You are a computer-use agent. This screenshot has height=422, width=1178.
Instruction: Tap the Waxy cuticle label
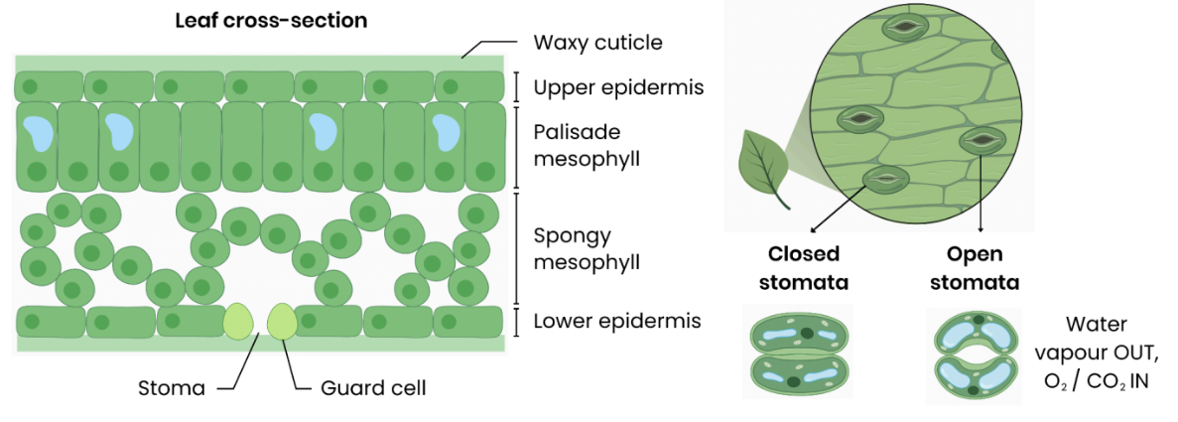pos(597,43)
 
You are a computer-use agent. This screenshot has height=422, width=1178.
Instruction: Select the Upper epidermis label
pos(618,87)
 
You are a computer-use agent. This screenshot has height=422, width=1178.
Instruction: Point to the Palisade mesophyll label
pos(583,144)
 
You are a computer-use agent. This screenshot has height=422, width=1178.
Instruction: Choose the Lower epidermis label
pos(617,321)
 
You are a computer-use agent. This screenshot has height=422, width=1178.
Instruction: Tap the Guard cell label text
pos(373,387)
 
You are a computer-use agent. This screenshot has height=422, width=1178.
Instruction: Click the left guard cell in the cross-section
pos(237,322)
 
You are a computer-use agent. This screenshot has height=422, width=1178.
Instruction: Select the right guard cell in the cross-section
pos(282,322)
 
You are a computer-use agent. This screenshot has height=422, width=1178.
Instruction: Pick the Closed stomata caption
pos(804,267)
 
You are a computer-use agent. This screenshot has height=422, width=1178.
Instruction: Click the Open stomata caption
pos(982,267)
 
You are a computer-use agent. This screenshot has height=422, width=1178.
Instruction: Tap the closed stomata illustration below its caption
pos(798,352)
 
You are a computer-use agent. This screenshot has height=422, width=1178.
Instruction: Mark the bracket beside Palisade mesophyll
pos(516,145)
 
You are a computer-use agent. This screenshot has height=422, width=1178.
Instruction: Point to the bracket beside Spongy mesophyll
pos(516,248)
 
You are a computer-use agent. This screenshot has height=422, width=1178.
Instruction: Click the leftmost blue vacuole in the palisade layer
pos(40,132)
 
